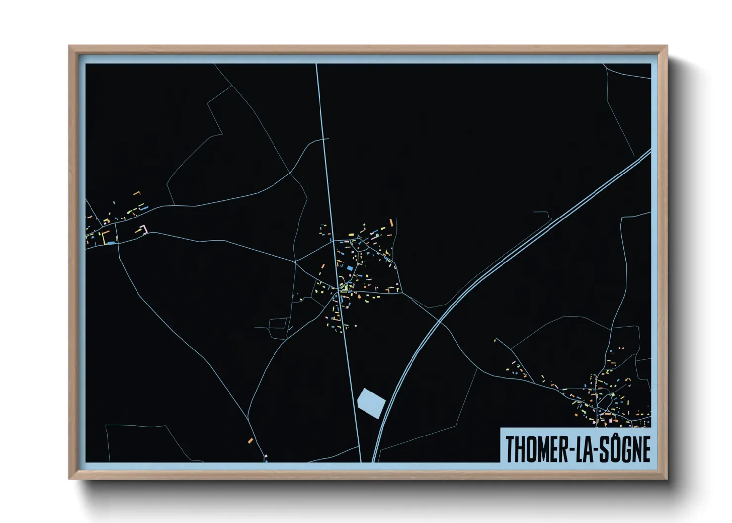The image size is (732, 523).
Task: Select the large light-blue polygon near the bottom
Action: (x=371, y=402)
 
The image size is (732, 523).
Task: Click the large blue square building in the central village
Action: (x=350, y=268)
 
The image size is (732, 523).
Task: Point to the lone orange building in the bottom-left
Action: (x=250, y=440)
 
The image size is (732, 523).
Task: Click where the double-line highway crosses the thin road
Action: (x=440, y=321)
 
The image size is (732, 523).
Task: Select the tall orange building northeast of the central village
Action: (x=392, y=222)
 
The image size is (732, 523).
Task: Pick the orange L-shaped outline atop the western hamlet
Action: (x=137, y=193)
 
